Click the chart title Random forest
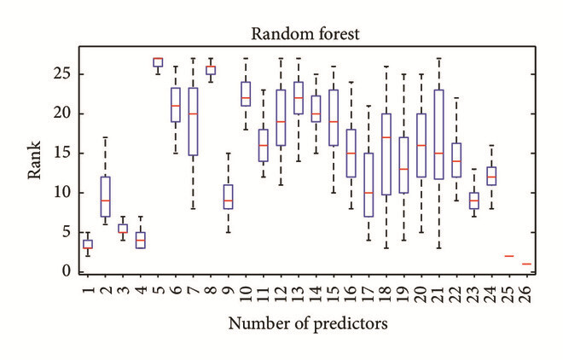(x=305, y=34)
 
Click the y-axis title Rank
(x=34, y=160)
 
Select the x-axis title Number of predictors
(x=308, y=323)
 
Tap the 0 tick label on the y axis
(x=67, y=271)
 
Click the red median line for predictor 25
(x=509, y=256)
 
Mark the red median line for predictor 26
(x=526, y=264)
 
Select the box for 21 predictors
(x=438, y=135)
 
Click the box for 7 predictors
(x=193, y=121)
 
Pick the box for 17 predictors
(x=369, y=185)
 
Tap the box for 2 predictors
(x=105, y=197)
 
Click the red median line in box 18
(x=386, y=137)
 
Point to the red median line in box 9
(x=228, y=200)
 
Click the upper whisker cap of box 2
(x=105, y=137)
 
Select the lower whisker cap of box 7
(x=193, y=208)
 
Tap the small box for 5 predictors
(x=158, y=62)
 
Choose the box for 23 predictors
(x=474, y=200)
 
